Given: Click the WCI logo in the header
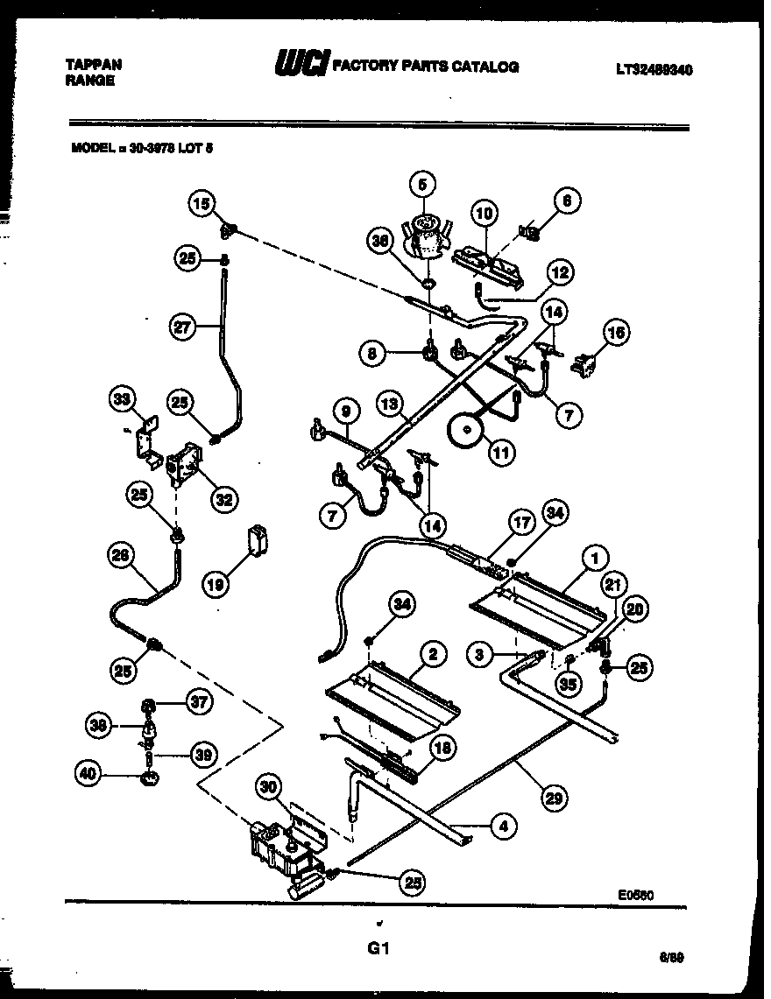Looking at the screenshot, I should [x=301, y=66].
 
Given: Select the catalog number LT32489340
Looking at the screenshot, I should [x=653, y=70].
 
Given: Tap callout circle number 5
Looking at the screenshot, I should [x=422, y=186].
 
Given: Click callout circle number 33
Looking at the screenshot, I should [x=121, y=401].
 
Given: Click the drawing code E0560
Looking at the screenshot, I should [x=637, y=895].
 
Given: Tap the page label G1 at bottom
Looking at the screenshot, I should [x=379, y=948].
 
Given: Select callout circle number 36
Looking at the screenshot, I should [x=380, y=248].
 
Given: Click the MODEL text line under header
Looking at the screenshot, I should [x=142, y=149].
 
